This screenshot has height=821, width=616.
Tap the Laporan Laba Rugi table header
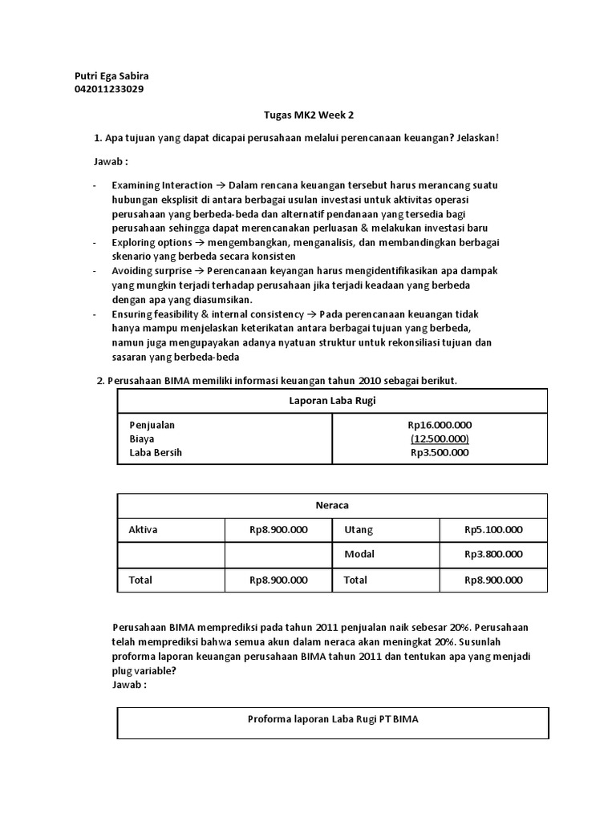point(332,400)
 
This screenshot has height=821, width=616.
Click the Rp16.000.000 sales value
point(440,425)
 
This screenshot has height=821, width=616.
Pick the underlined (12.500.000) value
point(440,439)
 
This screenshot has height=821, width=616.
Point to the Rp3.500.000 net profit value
point(440,452)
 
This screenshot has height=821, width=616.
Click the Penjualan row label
point(152,425)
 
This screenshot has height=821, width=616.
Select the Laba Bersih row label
point(156,452)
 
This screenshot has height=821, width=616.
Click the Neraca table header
point(332,505)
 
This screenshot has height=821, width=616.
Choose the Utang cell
point(359,530)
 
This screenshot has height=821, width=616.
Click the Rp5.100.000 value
point(493,530)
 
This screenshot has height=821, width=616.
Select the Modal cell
point(359,554)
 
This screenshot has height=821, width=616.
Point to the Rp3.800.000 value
point(493,554)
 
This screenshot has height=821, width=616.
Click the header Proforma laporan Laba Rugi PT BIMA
point(332,719)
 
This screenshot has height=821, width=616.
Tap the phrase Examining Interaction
point(162,185)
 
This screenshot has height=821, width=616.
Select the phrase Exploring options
point(152,242)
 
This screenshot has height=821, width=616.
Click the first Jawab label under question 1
point(111,161)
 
